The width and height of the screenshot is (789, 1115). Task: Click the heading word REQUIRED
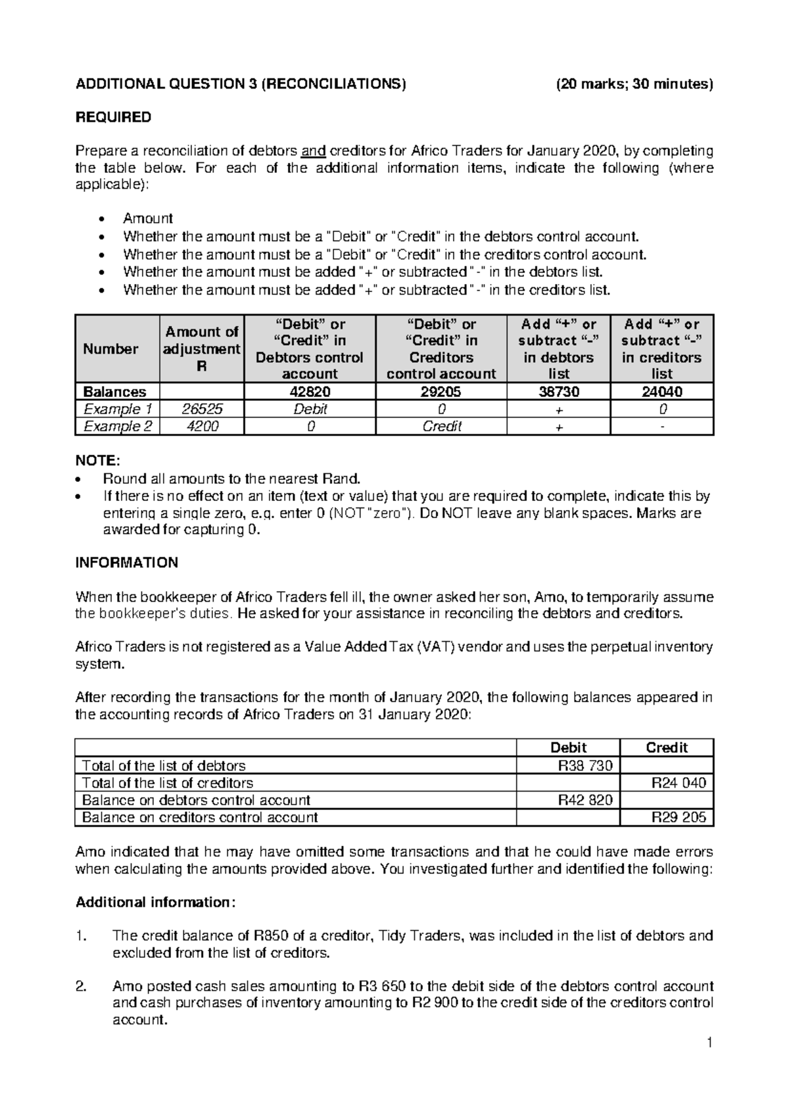tap(113, 117)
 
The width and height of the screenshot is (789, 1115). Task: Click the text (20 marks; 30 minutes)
tap(634, 83)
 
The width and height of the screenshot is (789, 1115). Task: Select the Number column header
tap(110, 349)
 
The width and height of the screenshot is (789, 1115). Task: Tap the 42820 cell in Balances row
tap(310, 392)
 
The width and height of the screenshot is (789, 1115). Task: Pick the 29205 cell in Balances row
tap(441, 392)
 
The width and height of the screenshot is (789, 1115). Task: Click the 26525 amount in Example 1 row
tap(201, 409)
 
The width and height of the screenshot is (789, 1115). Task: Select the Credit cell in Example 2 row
tap(441, 426)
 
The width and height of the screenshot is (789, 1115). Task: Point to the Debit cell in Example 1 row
tap(310, 409)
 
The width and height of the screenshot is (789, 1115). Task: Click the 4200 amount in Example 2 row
tap(201, 426)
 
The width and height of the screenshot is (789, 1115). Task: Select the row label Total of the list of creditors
tap(167, 783)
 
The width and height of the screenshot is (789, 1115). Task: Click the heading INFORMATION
tap(127, 563)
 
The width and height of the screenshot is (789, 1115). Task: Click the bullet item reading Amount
tap(147, 218)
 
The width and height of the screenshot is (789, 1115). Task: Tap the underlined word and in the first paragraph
tap(313, 151)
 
